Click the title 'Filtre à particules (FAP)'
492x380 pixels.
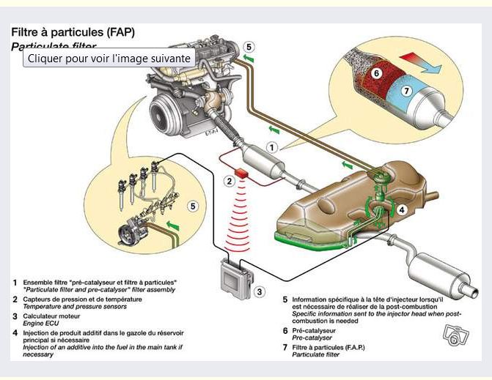point(73,32)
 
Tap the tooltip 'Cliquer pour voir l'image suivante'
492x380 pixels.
point(109,59)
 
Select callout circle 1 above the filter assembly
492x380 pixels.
point(271,146)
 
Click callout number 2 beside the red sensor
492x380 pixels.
point(229,181)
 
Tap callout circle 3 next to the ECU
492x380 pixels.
point(259,291)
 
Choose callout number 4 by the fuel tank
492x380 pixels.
point(402,209)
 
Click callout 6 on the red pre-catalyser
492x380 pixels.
point(375,73)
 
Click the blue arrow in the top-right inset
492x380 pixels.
point(432,67)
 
